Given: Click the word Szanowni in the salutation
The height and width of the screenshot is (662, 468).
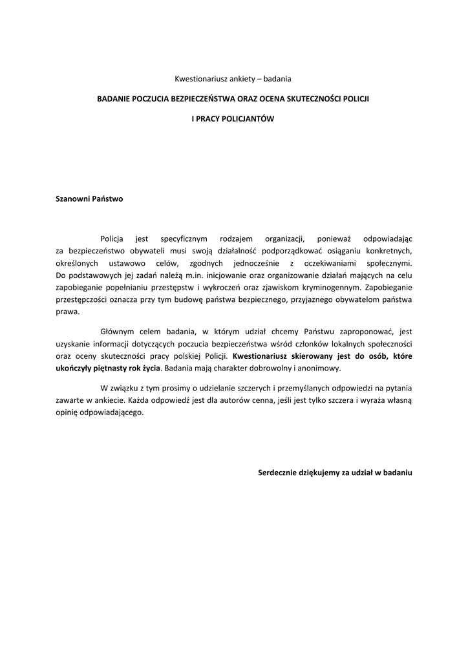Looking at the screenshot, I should pyautogui.click(x=73, y=199).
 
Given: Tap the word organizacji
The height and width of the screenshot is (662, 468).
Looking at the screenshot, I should pyautogui.click(x=293, y=239).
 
